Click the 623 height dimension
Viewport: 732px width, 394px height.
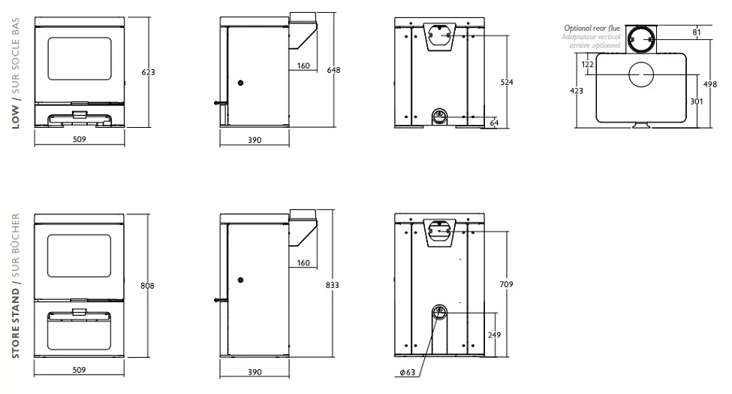(148, 72)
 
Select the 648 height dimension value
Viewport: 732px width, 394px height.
(333, 70)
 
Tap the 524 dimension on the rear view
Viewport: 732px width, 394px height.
(507, 82)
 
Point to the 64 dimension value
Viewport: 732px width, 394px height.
(494, 123)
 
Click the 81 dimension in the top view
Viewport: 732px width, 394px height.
(697, 32)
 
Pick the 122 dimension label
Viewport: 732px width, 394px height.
(588, 65)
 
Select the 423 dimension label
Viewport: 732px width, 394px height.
(577, 91)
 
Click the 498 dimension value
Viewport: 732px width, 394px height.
(710, 85)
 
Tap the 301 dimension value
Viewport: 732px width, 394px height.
(697, 102)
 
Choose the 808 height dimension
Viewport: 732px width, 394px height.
(147, 286)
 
